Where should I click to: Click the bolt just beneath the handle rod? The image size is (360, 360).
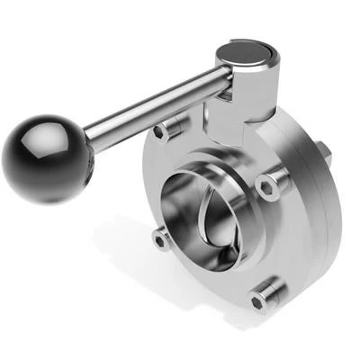coord(163,131)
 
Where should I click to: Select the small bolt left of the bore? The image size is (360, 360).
coord(160,239)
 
